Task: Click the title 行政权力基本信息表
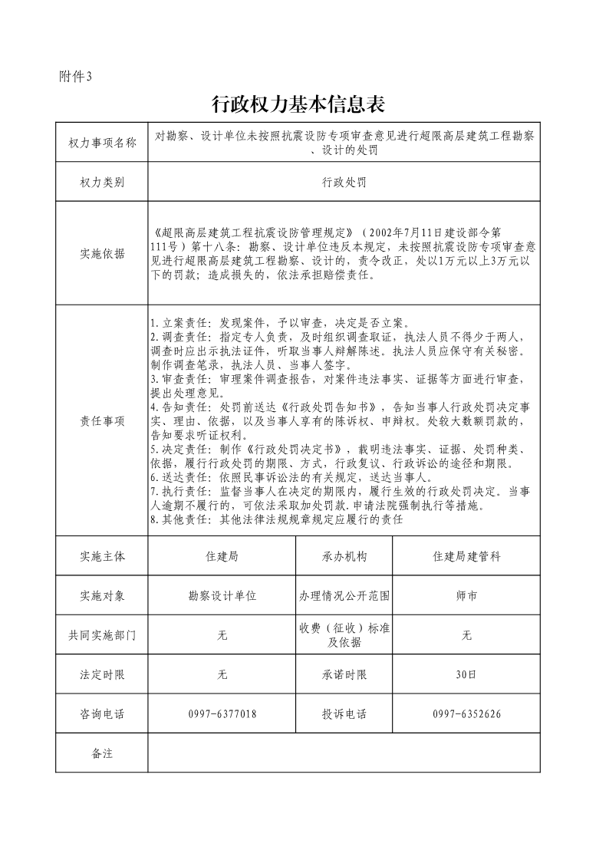[x=297, y=104]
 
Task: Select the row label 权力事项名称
[x=102, y=143]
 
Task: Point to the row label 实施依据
[x=102, y=254]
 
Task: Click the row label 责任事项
[x=102, y=421]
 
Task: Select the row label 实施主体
[x=102, y=556]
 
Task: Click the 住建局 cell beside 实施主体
[x=222, y=556]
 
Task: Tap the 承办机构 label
[x=344, y=556]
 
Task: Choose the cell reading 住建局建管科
[x=466, y=556]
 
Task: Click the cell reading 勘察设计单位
[x=222, y=595]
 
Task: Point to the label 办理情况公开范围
[x=344, y=595]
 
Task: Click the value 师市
[x=466, y=595]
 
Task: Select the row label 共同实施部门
[x=102, y=635]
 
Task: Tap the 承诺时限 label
[x=344, y=675]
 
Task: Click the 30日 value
[x=466, y=675]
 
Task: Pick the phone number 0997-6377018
[x=222, y=714]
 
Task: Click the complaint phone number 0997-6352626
[x=466, y=714]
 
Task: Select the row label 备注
[x=102, y=753]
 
